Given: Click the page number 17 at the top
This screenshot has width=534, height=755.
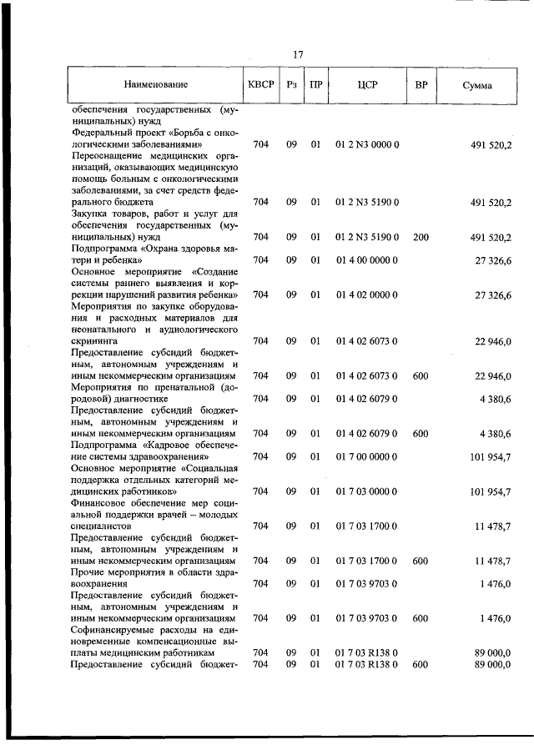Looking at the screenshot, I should [298, 54].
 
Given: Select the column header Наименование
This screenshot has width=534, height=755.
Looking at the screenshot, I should [156, 85].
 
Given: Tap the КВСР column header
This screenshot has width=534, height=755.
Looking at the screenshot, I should [259, 84].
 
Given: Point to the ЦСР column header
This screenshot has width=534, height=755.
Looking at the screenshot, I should [367, 85].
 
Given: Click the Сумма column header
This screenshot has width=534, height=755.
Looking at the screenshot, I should [476, 85].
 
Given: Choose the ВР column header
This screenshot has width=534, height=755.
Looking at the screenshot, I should [421, 84].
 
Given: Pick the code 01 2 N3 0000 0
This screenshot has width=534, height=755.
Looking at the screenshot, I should [367, 144].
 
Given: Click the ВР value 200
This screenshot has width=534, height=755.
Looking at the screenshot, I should [421, 237].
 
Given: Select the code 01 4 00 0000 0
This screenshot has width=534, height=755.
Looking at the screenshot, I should [367, 260].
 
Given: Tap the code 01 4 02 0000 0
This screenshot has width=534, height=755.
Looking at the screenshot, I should [367, 295].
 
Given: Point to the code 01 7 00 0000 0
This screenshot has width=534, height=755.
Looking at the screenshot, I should [367, 456].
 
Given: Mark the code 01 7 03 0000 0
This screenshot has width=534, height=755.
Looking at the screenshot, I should [367, 491].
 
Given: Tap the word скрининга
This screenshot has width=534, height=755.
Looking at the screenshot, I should [95, 341].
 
